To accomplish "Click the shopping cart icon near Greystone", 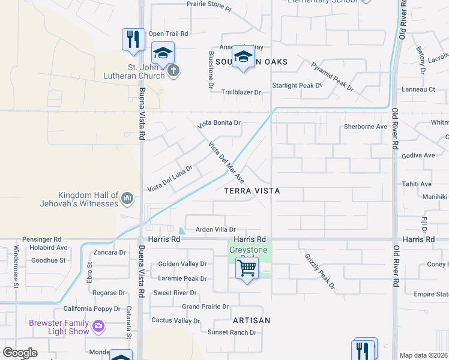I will pos(247,269).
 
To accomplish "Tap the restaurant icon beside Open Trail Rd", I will pos(133,39).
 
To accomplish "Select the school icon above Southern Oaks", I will pos(243,56).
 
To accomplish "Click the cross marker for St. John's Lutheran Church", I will pos(173,71).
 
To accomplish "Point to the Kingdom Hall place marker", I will pos(127,198).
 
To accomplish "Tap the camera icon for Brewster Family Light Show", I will pos(98,327).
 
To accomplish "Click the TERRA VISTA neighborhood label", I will pos(252,191).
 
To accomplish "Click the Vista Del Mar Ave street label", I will pos(226,163).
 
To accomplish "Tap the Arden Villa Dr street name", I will pos(216,229).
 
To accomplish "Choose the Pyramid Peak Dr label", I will pos(332,76).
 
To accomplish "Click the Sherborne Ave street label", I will pos(366,127).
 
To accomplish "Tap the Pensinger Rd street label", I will pos(42,239).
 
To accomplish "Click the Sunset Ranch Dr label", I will pos(228,332).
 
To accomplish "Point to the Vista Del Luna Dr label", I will pos(170,179).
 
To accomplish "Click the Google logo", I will pos(20,353).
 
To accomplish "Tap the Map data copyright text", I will pos(424,355).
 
